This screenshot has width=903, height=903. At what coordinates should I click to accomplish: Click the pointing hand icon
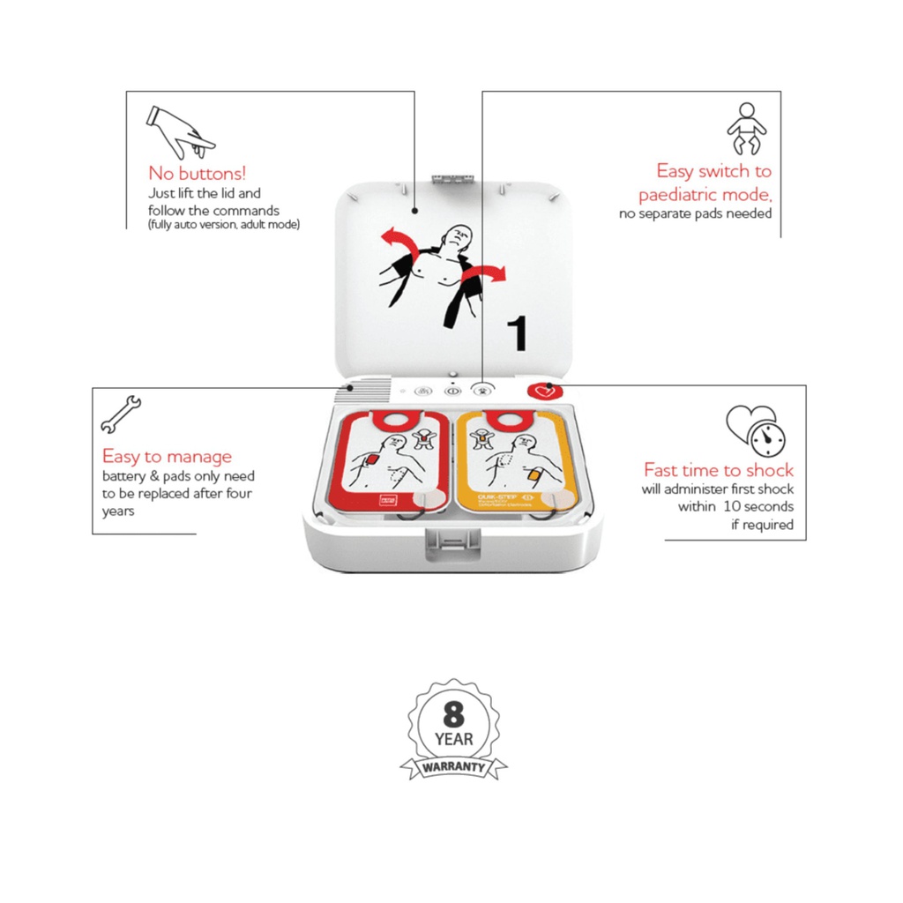pyautogui.click(x=180, y=131)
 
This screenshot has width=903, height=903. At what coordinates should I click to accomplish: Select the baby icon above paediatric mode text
pyautogui.click(x=746, y=129)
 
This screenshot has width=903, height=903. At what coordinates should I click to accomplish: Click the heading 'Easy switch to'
pyautogui.click(x=713, y=171)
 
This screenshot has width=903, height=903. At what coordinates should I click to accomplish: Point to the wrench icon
pyautogui.click(x=121, y=414)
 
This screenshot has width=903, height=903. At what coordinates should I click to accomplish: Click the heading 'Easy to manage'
pyautogui.click(x=167, y=457)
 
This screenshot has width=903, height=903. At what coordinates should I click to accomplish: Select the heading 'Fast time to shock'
pyautogui.click(x=718, y=470)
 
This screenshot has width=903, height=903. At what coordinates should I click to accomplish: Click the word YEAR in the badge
pyautogui.click(x=453, y=739)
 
